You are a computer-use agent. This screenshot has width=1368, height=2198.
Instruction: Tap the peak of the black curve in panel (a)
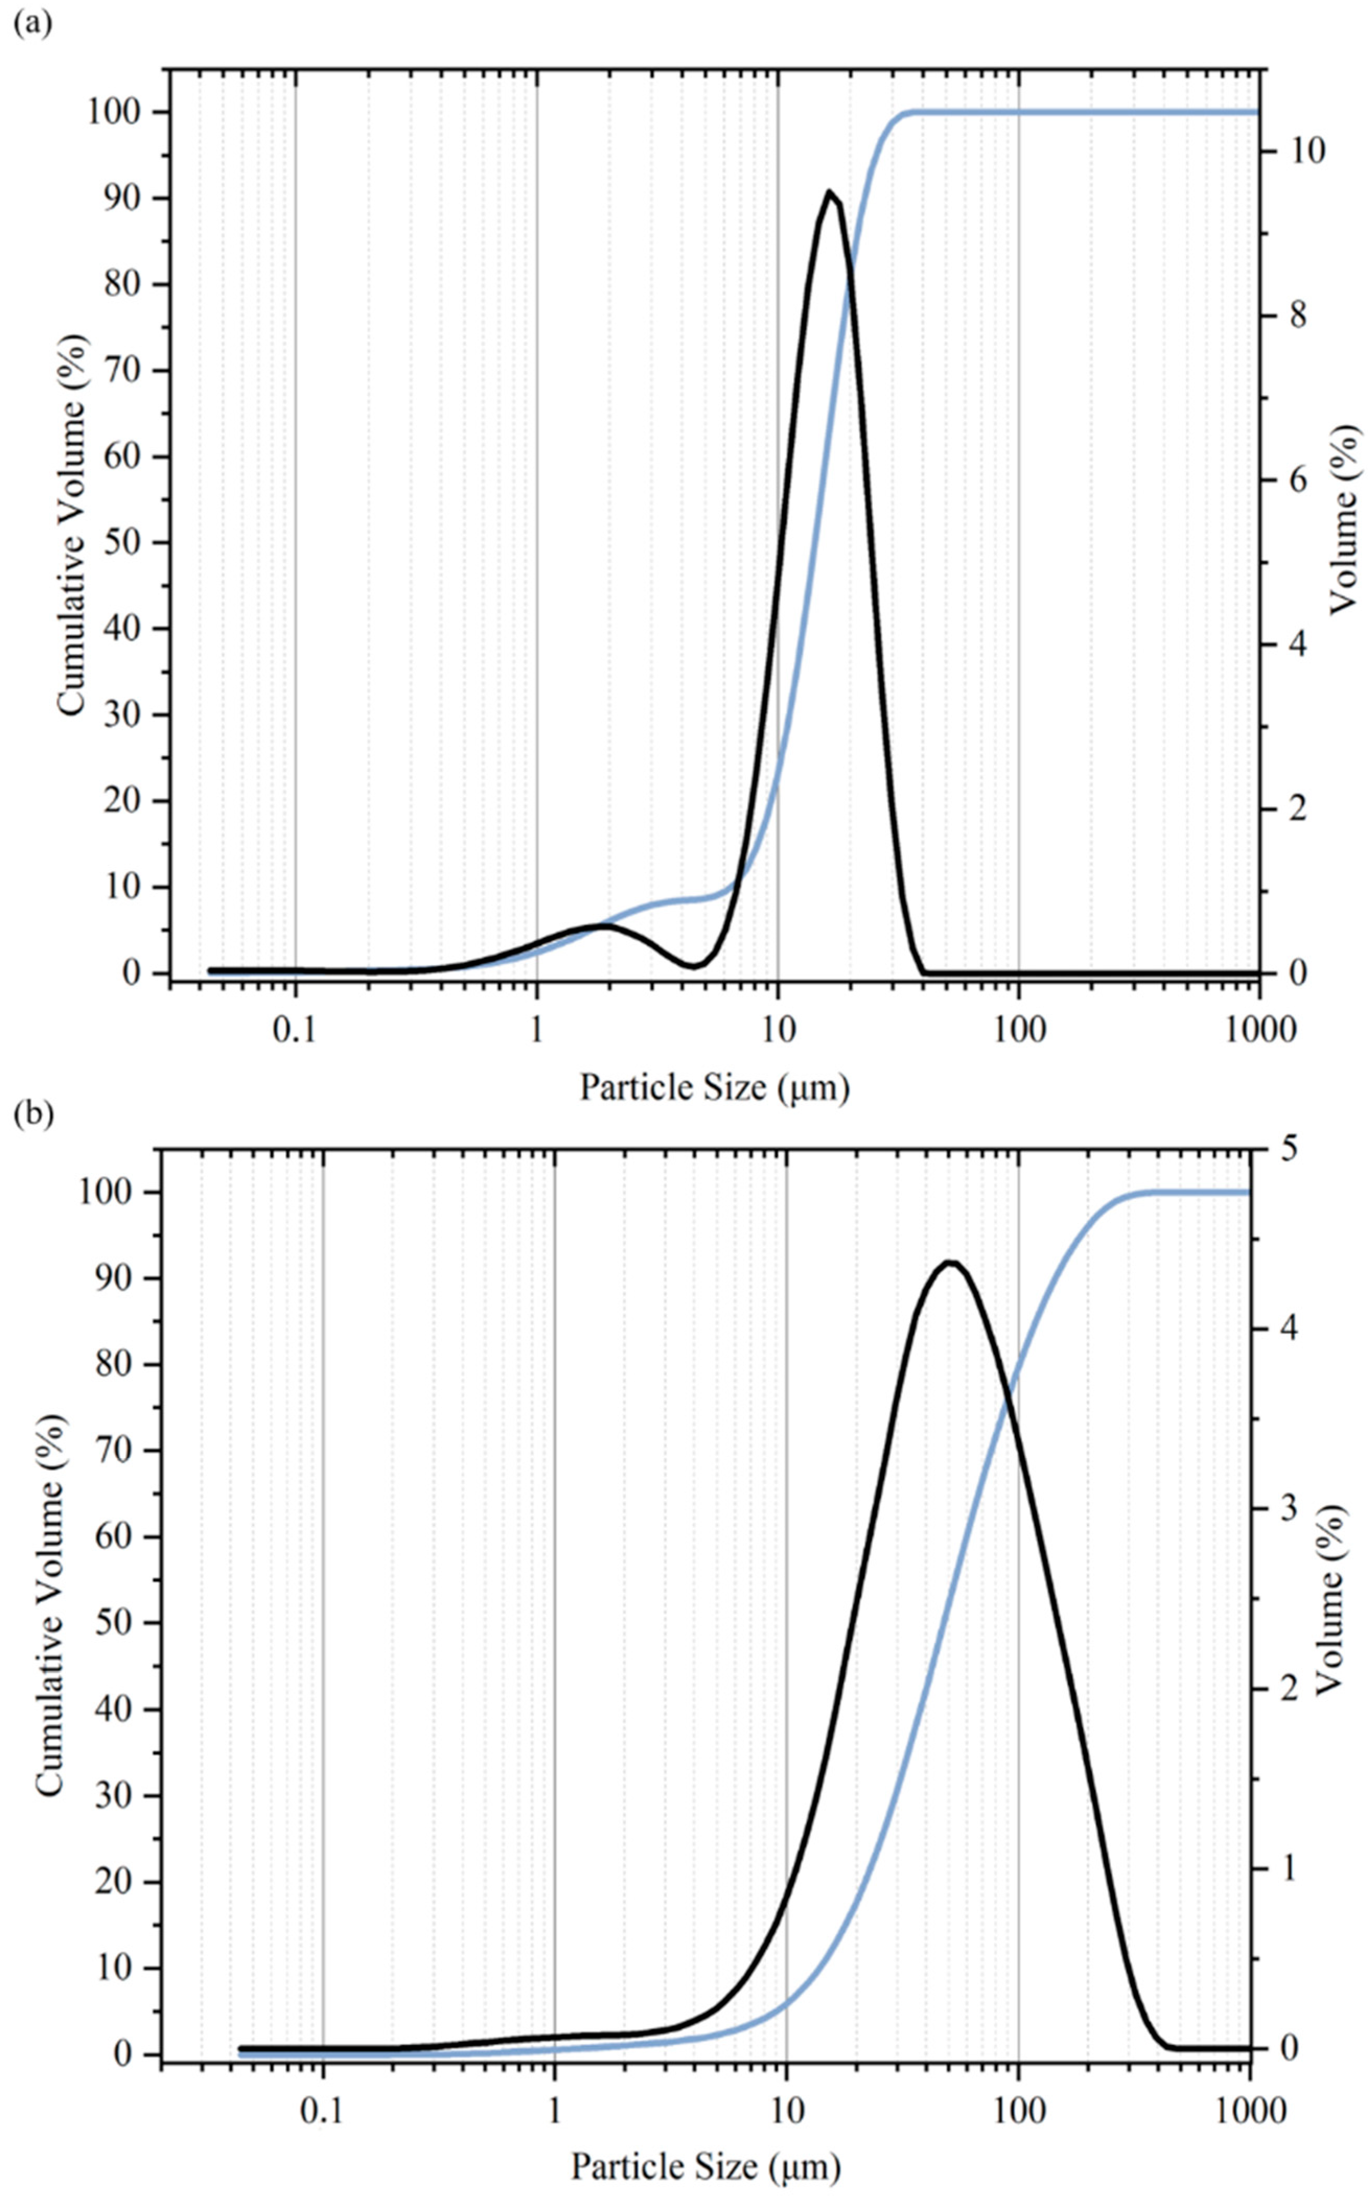tap(829, 192)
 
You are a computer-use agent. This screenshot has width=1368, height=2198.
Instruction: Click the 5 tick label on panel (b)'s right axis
tap(1285, 1149)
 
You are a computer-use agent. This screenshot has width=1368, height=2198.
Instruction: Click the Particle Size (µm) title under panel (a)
tap(715, 1086)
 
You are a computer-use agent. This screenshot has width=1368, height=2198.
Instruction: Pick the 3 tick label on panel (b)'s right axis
tap(1285, 1508)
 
